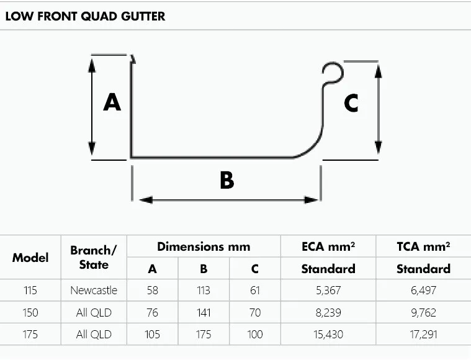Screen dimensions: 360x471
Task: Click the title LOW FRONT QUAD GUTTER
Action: [85, 16]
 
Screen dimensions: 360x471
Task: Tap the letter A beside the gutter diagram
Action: [112, 101]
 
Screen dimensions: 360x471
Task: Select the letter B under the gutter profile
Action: [227, 181]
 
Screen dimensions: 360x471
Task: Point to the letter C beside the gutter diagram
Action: [351, 103]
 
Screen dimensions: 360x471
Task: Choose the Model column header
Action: [30, 257]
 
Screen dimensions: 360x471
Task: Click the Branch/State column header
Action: [94, 258]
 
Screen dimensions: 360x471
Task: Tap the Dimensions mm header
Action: [204, 246]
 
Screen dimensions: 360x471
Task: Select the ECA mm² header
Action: [328, 246]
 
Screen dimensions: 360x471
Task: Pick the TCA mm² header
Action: [424, 246]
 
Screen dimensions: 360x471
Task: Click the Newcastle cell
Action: [94, 290]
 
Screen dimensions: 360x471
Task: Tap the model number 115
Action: [30, 290]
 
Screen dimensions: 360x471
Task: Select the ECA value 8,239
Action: [328, 313]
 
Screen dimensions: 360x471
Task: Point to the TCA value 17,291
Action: [424, 335]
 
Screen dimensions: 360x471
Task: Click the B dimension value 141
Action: [204, 313]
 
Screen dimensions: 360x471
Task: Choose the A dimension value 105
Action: [152, 335]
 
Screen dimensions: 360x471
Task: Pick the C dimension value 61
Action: [255, 290]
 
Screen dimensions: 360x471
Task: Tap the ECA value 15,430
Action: [328, 335]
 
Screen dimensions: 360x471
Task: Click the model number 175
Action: [30, 335]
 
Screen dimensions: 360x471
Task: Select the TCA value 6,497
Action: [424, 290]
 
